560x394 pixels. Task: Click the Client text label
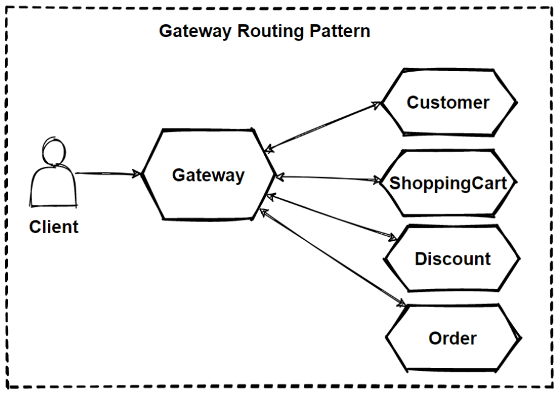[x=54, y=228]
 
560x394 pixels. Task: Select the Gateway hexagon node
[x=208, y=175]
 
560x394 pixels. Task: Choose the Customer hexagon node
[x=448, y=103]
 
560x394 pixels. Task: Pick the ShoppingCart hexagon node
[x=448, y=183]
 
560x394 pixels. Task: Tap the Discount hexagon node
[x=452, y=259]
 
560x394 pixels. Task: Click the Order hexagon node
[x=452, y=338]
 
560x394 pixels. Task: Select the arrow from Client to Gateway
[x=106, y=174]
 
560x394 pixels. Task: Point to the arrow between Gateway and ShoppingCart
[x=327, y=178]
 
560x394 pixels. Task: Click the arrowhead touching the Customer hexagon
[x=378, y=104]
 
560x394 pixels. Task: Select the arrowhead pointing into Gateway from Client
[x=137, y=175]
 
